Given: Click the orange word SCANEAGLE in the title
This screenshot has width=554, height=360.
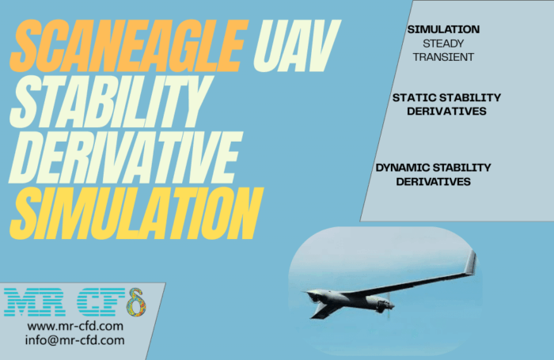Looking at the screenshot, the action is [x=130, y=45].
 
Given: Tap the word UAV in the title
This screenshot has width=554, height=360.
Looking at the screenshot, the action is [x=297, y=45].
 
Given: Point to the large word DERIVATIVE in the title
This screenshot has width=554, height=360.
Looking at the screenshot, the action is [x=126, y=157].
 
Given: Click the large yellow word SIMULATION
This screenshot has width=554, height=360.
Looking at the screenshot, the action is [x=136, y=214].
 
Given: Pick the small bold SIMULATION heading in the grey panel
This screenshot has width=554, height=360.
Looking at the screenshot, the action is [x=443, y=29].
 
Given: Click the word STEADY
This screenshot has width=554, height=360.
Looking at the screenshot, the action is [x=443, y=44].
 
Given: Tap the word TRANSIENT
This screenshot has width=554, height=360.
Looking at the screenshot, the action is [x=443, y=57].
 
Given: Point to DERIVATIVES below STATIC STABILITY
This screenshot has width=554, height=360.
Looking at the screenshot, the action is [x=446, y=112].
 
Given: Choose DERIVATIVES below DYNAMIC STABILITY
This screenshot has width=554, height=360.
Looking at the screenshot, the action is [x=433, y=182].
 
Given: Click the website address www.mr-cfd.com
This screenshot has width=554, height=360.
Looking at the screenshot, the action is [x=75, y=326].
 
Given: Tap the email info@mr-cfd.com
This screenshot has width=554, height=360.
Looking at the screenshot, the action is [x=74, y=340].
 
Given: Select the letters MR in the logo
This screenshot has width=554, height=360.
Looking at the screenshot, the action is [x=35, y=302].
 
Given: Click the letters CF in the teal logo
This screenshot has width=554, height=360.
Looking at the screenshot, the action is [x=101, y=302].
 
